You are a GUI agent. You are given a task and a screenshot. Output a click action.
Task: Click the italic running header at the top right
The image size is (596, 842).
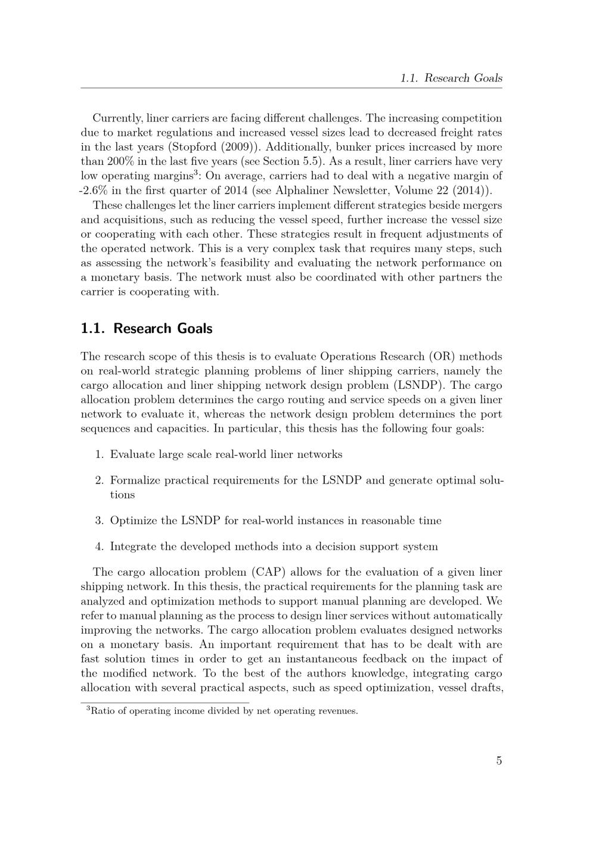coord(451,78)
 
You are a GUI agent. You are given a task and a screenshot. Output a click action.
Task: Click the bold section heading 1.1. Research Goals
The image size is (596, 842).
coord(146,328)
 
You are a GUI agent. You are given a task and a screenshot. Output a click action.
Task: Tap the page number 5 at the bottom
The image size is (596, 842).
coord(498,760)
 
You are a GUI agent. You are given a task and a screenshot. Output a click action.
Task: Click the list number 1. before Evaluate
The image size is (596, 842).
coord(100,454)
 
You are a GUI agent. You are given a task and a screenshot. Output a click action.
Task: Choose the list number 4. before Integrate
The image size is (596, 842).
coord(100,547)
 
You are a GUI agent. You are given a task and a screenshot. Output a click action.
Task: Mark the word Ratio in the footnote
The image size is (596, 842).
coord(102,710)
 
